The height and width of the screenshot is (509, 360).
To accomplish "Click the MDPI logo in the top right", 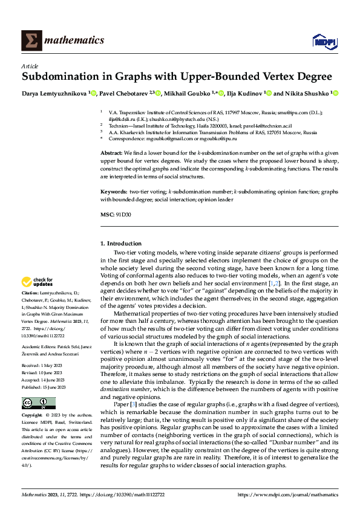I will tap(324, 41).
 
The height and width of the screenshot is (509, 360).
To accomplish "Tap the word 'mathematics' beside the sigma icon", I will tap(76, 41).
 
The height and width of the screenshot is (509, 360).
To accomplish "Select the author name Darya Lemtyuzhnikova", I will tap(54, 94).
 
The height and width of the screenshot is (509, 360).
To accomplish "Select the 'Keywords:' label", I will tap(114, 191).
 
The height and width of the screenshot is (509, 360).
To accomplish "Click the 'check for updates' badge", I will tap(38, 282).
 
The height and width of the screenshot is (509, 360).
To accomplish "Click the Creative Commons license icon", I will tap(38, 403).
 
